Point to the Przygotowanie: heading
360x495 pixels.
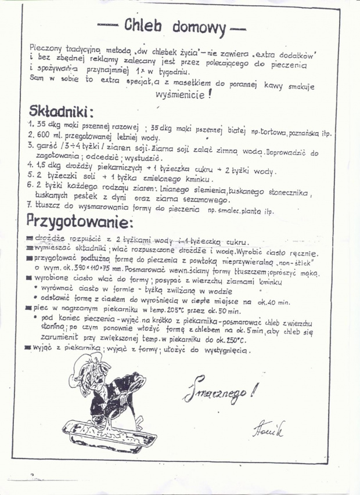click(x=80, y=222)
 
